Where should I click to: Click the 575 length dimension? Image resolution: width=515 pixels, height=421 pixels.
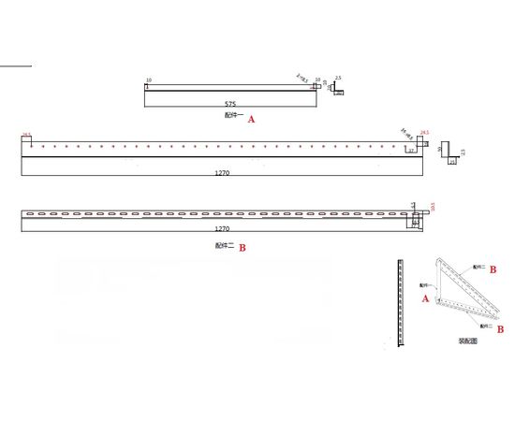click(x=229, y=103)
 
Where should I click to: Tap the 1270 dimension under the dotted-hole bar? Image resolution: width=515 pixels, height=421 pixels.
click(x=222, y=174)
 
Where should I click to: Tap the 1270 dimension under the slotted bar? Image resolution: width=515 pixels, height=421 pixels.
click(x=222, y=228)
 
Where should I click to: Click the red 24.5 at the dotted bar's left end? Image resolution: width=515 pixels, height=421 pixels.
click(x=26, y=134)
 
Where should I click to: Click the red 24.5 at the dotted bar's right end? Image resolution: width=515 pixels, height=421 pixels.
click(x=425, y=133)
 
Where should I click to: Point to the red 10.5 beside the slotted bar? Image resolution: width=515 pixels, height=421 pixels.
click(x=432, y=208)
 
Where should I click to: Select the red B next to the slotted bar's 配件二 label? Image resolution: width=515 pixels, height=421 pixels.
click(x=243, y=248)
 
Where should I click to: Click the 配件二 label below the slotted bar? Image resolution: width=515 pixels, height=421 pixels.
click(x=224, y=245)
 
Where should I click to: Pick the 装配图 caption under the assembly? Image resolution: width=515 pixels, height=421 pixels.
click(x=467, y=341)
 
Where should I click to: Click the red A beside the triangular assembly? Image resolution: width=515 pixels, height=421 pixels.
click(x=426, y=298)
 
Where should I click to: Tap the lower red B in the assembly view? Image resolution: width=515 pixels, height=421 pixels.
click(x=501, y=329)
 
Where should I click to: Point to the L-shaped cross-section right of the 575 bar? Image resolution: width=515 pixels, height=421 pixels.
click(x=340, y=91)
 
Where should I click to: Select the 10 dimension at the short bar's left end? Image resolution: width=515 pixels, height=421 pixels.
click(x=149, y=80)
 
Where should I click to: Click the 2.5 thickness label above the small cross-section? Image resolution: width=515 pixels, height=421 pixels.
click(x=338, y=79)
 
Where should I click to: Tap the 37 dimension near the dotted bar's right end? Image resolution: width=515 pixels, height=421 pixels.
click(x=410, y=150)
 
